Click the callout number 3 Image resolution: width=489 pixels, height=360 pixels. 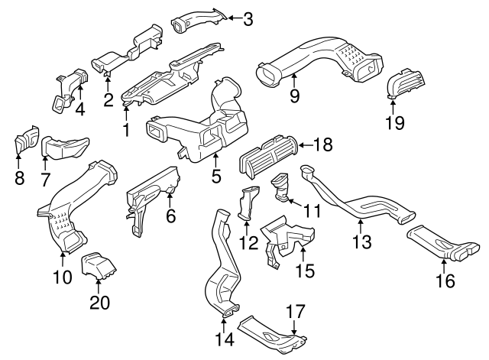[248, 18]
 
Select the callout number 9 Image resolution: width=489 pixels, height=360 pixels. [295, 96]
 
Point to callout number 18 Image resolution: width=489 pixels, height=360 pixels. [324, 144]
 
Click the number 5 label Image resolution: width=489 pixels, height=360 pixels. [216, 176]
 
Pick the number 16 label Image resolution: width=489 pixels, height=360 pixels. [445, 281]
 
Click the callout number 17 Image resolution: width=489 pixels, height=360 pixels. [295, 312]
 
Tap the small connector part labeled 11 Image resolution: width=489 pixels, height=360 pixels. [281, 186]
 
